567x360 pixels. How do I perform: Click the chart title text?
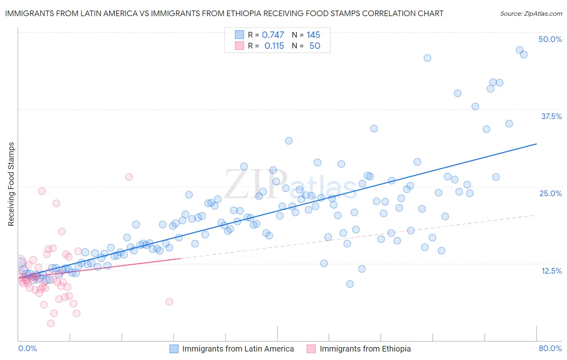click(224, 13)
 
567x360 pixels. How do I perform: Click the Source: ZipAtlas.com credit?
click(531, 13)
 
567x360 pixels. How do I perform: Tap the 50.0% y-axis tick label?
click(550, 39)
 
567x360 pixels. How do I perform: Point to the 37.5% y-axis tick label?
click(551, 116)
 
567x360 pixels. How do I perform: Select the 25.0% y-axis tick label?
click(550, 193)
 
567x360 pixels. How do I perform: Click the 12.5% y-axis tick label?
click(551, 271)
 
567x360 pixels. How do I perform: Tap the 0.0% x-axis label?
click(27, 348)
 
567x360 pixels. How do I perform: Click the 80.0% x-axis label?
click(550, 348)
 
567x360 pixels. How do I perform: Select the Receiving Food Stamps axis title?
click(11, 184)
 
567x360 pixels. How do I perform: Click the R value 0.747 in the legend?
click(273, 35)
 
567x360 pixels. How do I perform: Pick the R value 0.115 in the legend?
click(274, 46)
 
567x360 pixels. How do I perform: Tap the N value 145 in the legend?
click(313, 35)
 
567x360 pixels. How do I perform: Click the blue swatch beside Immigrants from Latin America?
click(174, 349)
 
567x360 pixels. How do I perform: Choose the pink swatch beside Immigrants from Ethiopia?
click(311, 349)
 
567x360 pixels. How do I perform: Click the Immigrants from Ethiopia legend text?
click(365, 349)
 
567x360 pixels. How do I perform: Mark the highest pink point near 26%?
click(129, 177)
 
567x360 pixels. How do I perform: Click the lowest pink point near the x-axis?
click(51, 323)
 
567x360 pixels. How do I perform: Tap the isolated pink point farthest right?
click(169, 301)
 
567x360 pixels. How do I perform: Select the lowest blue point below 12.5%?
click(350, 284)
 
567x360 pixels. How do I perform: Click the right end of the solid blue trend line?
click(536, 144)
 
